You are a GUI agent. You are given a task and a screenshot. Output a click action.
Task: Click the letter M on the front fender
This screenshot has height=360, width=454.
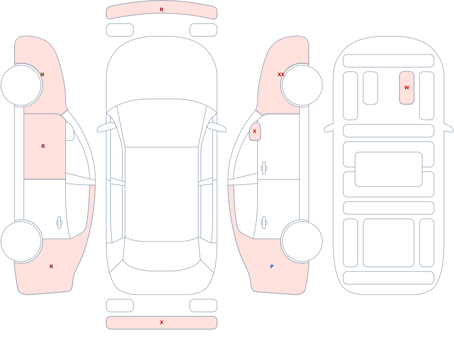point(42,75)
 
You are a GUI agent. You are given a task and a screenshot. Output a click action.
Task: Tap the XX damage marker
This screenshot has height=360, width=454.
point(281,75)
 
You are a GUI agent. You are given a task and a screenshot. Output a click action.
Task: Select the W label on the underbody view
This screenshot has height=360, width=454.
point(406,88)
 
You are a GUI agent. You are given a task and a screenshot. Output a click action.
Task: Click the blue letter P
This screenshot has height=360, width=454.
point(271,266)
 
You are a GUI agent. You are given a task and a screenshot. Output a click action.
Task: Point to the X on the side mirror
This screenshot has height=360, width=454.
point(255,132)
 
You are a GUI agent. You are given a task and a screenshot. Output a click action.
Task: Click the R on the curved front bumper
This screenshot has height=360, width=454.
point(162,10)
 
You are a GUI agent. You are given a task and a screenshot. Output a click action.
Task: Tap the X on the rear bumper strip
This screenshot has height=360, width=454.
point(162,322)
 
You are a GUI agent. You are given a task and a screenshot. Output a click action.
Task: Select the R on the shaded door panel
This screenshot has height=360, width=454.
point(43,146)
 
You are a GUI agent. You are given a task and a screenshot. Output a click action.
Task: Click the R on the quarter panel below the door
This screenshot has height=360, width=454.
point(51,266)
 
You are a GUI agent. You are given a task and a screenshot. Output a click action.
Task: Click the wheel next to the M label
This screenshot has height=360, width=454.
point(21,85)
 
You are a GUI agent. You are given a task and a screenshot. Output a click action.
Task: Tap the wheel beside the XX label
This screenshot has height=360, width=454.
point(302,85)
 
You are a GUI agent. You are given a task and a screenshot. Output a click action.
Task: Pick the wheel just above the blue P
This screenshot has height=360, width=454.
point(302,242)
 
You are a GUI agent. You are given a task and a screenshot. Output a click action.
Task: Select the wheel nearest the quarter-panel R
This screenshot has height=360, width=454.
point(21,242)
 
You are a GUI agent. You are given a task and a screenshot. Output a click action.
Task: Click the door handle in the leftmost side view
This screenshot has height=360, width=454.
point(59,223)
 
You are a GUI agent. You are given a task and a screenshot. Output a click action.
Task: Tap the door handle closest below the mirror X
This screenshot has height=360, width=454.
point(264,168)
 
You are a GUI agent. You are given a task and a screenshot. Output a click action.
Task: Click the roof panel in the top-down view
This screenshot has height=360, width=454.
point(162,193)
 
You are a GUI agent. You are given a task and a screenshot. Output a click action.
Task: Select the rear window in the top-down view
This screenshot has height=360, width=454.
point(162,255)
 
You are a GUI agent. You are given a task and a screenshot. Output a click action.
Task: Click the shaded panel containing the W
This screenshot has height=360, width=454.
point(406,88)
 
